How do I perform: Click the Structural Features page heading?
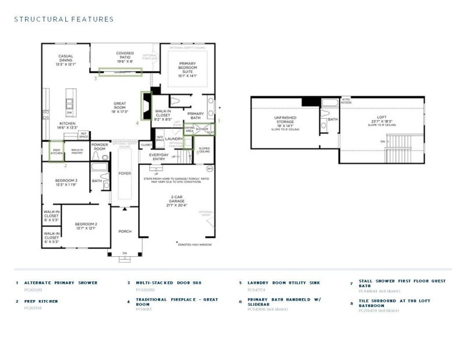[63, 19]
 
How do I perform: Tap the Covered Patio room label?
[125, 57]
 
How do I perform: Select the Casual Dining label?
[65, 59]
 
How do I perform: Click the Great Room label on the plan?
[119, 107]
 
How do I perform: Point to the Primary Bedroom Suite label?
[187, 71]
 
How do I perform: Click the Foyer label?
[125, 173]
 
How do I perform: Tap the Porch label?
[125, 231]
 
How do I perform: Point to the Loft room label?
[381, 119]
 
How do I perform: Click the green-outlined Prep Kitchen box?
[57, 150]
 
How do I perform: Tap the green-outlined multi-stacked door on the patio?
[120, 72]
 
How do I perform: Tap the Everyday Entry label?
[158, 157]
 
